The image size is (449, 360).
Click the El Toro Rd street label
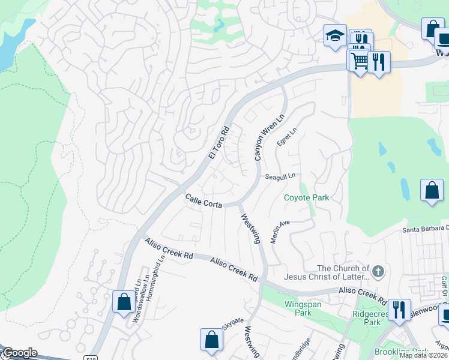(x=220, y=142)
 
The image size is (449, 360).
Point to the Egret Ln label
(x=287, y=137)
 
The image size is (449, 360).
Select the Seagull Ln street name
(x=282, y=176)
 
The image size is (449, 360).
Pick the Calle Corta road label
(x=203, y=200)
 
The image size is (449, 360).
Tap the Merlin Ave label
(x=280, y=231)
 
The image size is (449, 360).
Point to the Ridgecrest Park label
(x=367, y=317)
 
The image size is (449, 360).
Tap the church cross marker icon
(x=378, y=272)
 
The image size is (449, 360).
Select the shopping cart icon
(x=360, y=61)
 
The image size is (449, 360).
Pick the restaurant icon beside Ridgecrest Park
(x=399, y=310)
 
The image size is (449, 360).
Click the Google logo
(x=19, y=353)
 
